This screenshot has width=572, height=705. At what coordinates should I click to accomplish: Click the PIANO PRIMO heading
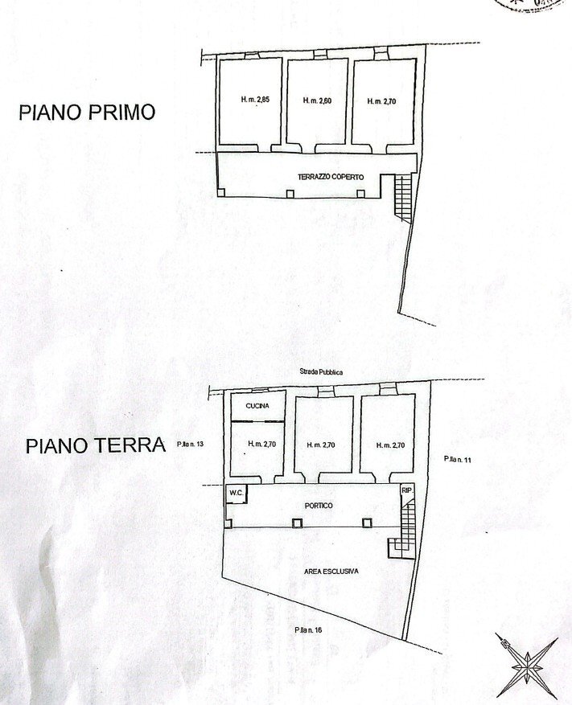pos(86,112)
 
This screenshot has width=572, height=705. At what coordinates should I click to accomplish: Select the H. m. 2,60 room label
pos(318,101)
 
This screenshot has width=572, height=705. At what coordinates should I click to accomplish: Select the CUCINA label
pos(257,407)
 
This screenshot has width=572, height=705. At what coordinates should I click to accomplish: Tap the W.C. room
pos(236,493)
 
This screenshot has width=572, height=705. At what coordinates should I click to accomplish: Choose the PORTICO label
pos(319,505)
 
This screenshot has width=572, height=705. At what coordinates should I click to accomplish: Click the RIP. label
pos(406,489)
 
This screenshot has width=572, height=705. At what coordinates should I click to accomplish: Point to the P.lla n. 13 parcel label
pos(192,443)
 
